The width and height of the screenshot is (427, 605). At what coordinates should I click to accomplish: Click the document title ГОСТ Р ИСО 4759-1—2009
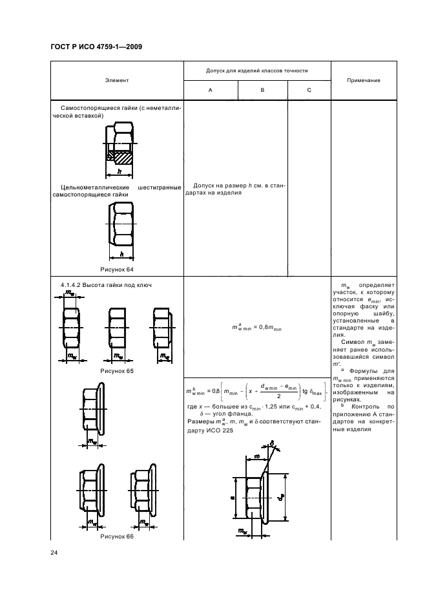point(96,47)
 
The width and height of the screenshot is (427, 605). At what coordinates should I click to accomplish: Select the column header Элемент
point(117,80)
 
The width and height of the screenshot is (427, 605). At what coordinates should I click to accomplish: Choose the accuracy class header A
point(210,90)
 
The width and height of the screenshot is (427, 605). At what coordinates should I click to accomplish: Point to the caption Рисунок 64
point(116,269)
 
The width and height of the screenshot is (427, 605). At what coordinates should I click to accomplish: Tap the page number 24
point(54,551)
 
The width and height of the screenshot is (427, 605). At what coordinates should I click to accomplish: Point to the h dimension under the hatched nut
point(120,172)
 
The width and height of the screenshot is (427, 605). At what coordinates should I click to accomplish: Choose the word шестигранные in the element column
point(159,187)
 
